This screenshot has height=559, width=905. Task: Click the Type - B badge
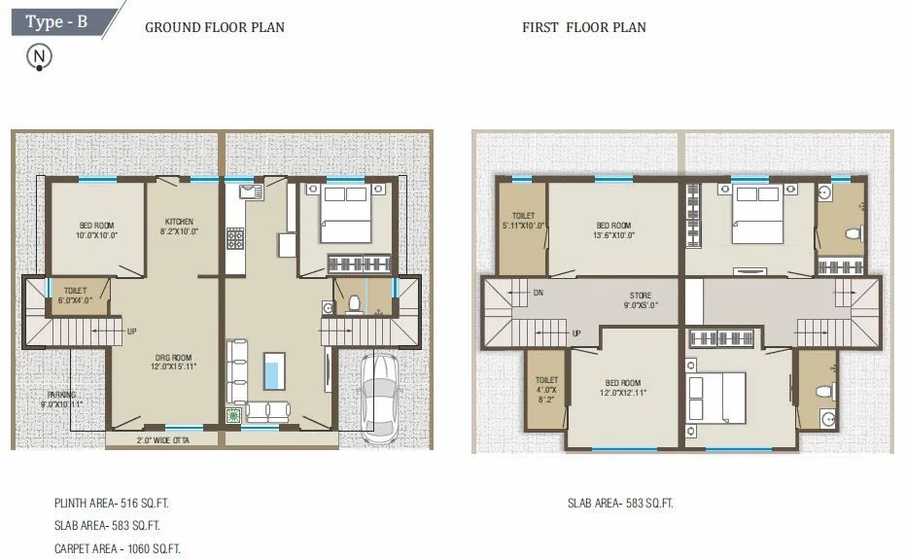pos(56,21)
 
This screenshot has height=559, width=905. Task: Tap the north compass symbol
pos(39,56)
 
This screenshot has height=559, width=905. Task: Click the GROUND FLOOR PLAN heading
pos(215,27)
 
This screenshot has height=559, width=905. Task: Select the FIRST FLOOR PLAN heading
pos(583,27)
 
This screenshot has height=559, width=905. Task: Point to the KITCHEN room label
pos(179,227)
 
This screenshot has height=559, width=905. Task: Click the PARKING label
pos(61,399)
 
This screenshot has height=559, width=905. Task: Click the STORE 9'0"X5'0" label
pos(640,300)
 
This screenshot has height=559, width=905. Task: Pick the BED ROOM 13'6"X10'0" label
pos(613,229)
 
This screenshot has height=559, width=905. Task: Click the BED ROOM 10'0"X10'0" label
pos(95,229)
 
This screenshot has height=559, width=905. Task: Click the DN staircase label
pos(538,292)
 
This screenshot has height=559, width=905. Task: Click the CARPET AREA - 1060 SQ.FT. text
pos(117,548)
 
